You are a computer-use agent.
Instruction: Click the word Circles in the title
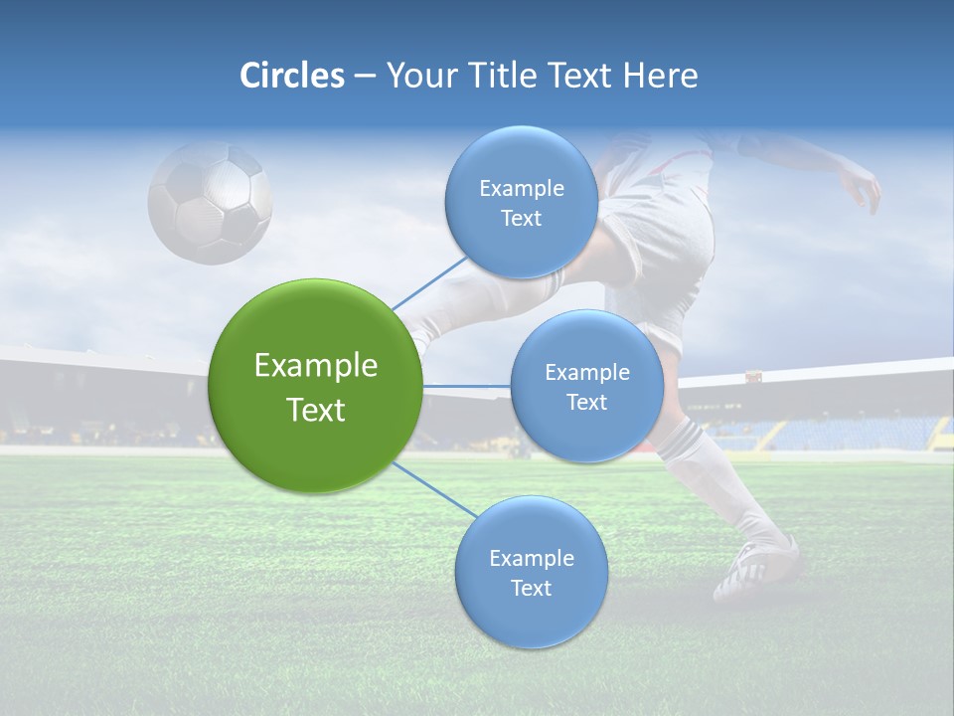[x=292, y=76]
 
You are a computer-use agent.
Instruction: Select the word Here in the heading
[x=660, y=76]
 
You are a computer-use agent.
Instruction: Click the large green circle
[x=315, y=386]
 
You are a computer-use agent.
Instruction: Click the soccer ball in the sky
[x=210, y=202]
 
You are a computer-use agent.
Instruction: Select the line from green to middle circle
[x=466, y=386]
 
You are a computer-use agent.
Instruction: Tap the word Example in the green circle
[x=315, y=366]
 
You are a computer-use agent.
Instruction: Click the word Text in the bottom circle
[x=531, y=589]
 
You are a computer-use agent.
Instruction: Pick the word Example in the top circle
[x=521, y=189]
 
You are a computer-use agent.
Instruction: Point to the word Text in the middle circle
[x=586, y=403]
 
